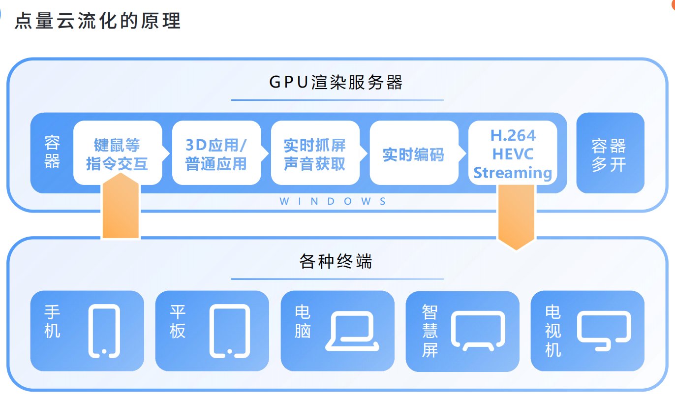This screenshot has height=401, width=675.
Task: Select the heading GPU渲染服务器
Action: tap(337, 82)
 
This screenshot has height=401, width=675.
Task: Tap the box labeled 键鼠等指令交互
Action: tap(118, 154)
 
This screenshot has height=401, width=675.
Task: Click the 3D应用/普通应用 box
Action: tap(216, 154)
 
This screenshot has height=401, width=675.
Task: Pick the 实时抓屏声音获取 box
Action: tap(315, 154)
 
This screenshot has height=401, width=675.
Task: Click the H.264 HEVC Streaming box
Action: tap(513, 154)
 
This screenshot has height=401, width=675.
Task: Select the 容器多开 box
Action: tap(610, 154)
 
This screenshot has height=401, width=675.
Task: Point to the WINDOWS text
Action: tap(333, 201)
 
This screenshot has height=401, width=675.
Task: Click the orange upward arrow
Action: tap(121, 207)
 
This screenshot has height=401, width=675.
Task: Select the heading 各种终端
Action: tap(336, 261)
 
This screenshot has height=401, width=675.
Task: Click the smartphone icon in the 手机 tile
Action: tap(104, 330)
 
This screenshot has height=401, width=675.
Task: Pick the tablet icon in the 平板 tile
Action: tap(229, 330)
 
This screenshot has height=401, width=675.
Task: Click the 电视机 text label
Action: tap(553, 331)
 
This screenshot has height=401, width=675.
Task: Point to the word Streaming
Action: tap(513, 173)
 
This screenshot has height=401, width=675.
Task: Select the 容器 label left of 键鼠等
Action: tap(52, 153)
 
